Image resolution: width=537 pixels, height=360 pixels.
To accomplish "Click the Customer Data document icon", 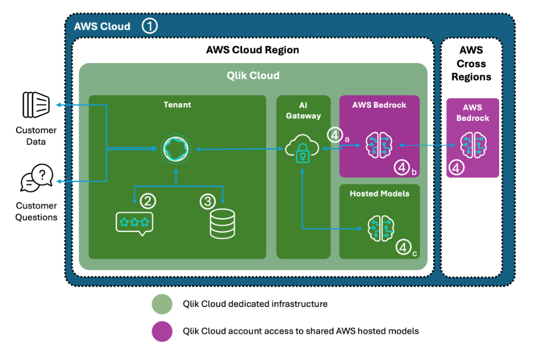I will (x=36, y=105).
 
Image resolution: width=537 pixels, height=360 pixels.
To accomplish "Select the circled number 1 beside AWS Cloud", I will (x=149, y=26).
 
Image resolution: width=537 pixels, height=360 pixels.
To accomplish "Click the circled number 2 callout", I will (x=148, y=201).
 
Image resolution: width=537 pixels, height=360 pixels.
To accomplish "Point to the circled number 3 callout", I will (x=207, y=201).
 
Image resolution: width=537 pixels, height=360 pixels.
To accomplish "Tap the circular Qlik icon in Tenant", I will (x=176, y=148).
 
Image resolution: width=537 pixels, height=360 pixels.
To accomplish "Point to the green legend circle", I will (x=162, y=304).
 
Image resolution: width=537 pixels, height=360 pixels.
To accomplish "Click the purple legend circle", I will (x=162, y=331).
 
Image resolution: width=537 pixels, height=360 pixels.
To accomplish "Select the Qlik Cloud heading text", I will (x=253, y=76).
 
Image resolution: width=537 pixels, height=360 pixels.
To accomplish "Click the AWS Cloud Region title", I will (x=252, y=50).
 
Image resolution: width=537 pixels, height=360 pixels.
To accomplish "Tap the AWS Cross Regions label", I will (x=472, y=64).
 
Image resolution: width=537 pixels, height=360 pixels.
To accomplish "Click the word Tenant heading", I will (x=177, y=104).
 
